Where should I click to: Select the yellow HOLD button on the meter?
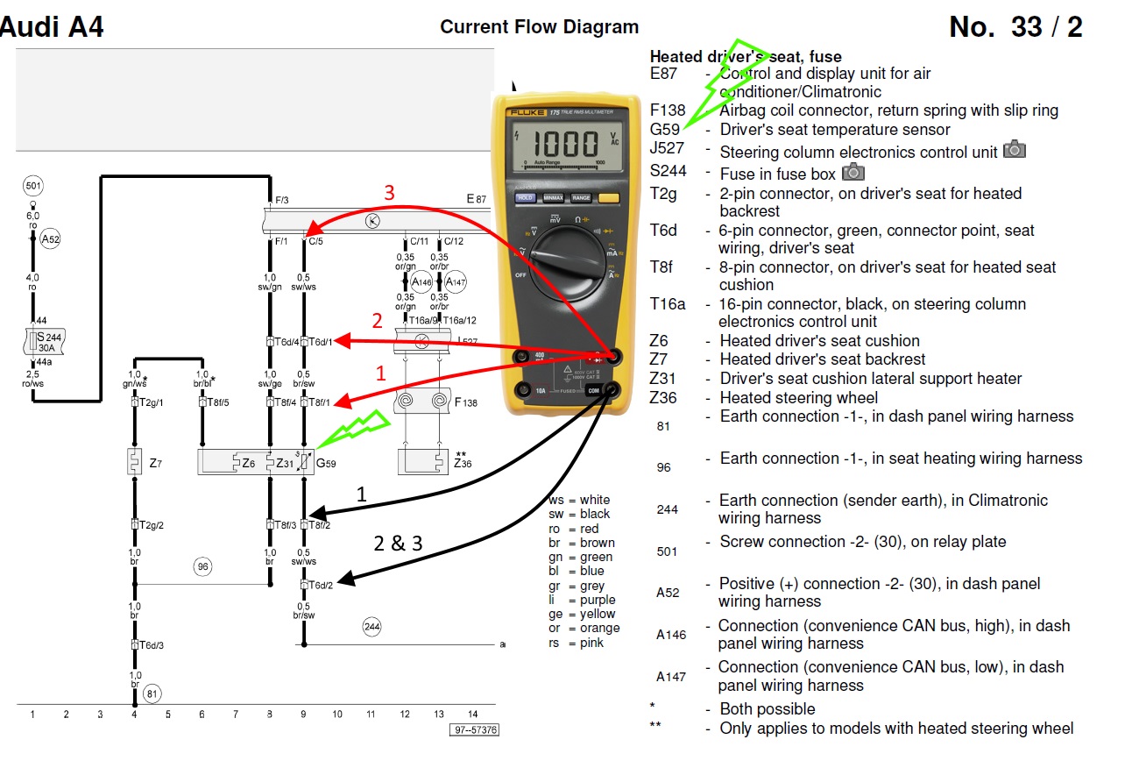pyautogui.click(x=525, y=198)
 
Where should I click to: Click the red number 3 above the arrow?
pyautogui.click(x=390, y=193)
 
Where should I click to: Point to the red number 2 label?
pyautogui.click(x=378, y=321)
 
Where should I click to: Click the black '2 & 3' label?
pyautogui.click(x=398, y=543)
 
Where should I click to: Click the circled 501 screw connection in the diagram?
pyautogui.click(x=33, y=186)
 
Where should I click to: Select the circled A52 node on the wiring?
pyautogui.click(x=50, y=238)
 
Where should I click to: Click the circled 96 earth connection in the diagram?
pyautogui.click(x=203, y=567)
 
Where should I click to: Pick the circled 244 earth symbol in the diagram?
pyautogui.click(x=372, y=626)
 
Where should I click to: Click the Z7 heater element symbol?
pyautogui.click(x=134, y=461)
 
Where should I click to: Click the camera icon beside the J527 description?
pyautogui.click(x=1014, y=149)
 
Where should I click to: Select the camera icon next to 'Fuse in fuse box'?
pyautogui.click(x=853, y=172)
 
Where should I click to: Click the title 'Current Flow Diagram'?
pyautogui.click(x=539, y=27)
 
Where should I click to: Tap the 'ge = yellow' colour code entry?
pyautogui.click(x=583, y=615)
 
